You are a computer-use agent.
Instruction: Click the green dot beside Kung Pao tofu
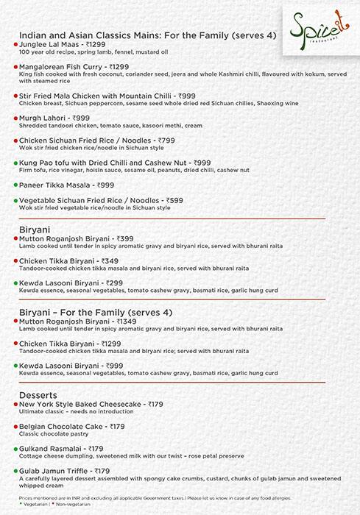click(15, 162)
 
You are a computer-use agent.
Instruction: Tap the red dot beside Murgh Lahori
click(15, 118)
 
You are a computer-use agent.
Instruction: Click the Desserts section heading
click(38, 395)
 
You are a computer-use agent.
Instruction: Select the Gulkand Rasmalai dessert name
click(51, 448)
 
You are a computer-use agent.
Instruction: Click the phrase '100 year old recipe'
click(46, 53)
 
